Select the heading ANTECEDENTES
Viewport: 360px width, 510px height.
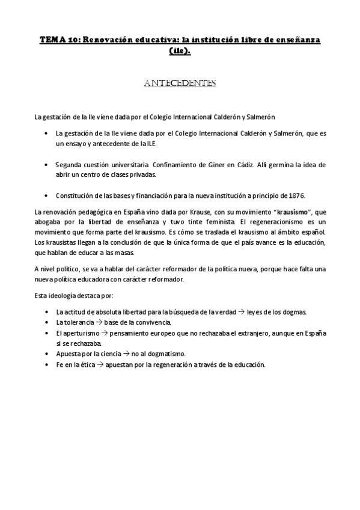(x=180, y=83)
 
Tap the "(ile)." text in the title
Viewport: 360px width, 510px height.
(x=180, y=51)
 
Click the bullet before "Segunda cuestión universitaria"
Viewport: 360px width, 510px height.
(x=47, y=164)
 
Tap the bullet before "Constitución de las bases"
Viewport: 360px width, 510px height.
(x=47, y=195)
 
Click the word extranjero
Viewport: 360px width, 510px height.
(x=256, y=333)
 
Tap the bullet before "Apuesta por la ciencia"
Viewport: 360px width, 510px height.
(x=47, y=354)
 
